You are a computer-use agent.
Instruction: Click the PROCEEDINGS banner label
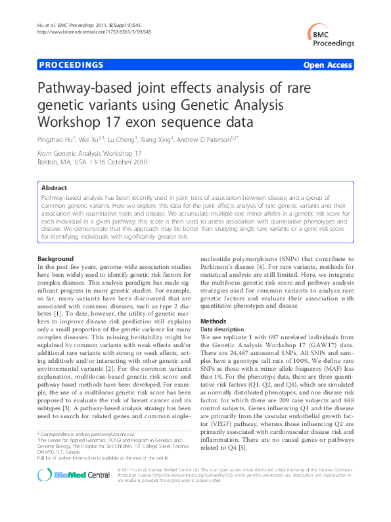point(71,65)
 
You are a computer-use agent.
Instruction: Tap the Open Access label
point(328,65)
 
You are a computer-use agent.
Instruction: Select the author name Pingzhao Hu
point(55,139)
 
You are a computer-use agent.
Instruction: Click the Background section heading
point(56,259)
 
